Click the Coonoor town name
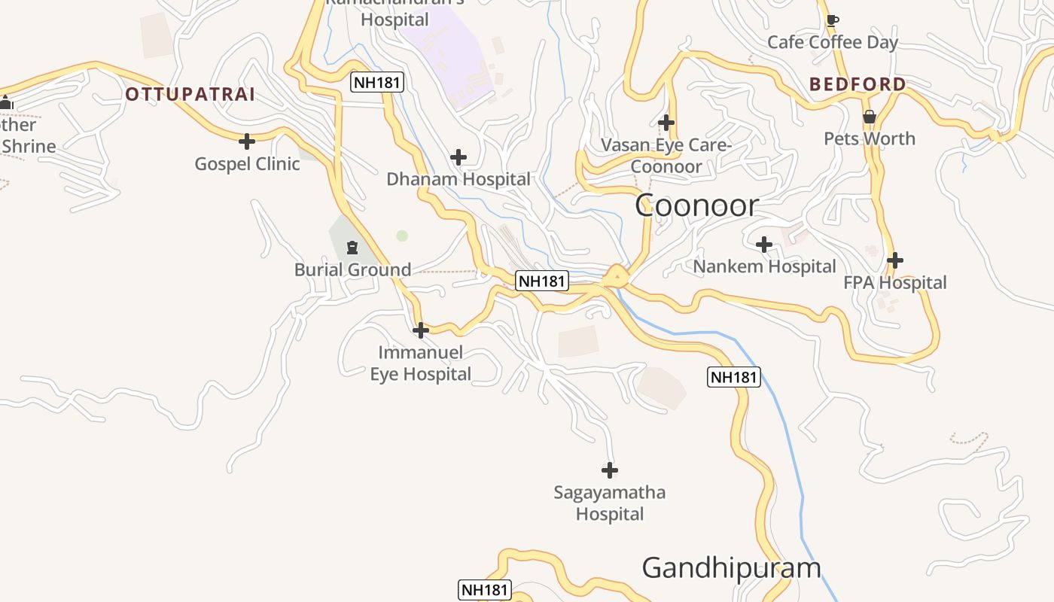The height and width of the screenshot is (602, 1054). click(x=696, y=205)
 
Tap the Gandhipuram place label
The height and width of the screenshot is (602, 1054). click(x=731, y=567)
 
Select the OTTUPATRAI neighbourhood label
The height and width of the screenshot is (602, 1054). click(x=190, y=95)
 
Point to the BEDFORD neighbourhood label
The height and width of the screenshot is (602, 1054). click(x=858, y=84)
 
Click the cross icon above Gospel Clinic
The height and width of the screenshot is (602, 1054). click(x=247, y=141)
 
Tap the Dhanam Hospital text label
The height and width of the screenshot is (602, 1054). click(x=458, y=179)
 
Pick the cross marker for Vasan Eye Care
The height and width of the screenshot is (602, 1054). click(x=666, y=122)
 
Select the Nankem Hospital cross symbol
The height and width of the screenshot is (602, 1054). click(x=764, y=244)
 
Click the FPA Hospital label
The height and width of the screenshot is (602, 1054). click(x=895, y=283)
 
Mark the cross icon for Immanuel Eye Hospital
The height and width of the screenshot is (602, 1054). click(x=421, y=330)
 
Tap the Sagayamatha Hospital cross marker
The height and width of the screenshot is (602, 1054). click(x=610, y=470)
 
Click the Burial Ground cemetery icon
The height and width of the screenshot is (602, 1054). click(x=352, y=247)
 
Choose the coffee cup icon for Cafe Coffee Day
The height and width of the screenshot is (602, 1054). click(x=832, y=20)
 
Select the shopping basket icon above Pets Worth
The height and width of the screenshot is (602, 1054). click(x=870, y=117)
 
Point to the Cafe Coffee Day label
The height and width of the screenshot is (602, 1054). click(x=833, y=42)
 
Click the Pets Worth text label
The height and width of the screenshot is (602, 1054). click(x=870, y=138)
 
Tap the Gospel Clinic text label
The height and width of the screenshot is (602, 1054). click(x=247, y=163)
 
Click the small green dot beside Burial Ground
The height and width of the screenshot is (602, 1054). click(x=402, y=236)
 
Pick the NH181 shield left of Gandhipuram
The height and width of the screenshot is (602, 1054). click(x=485, y=589)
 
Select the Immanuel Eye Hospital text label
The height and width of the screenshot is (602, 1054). click(x=421, y=363)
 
